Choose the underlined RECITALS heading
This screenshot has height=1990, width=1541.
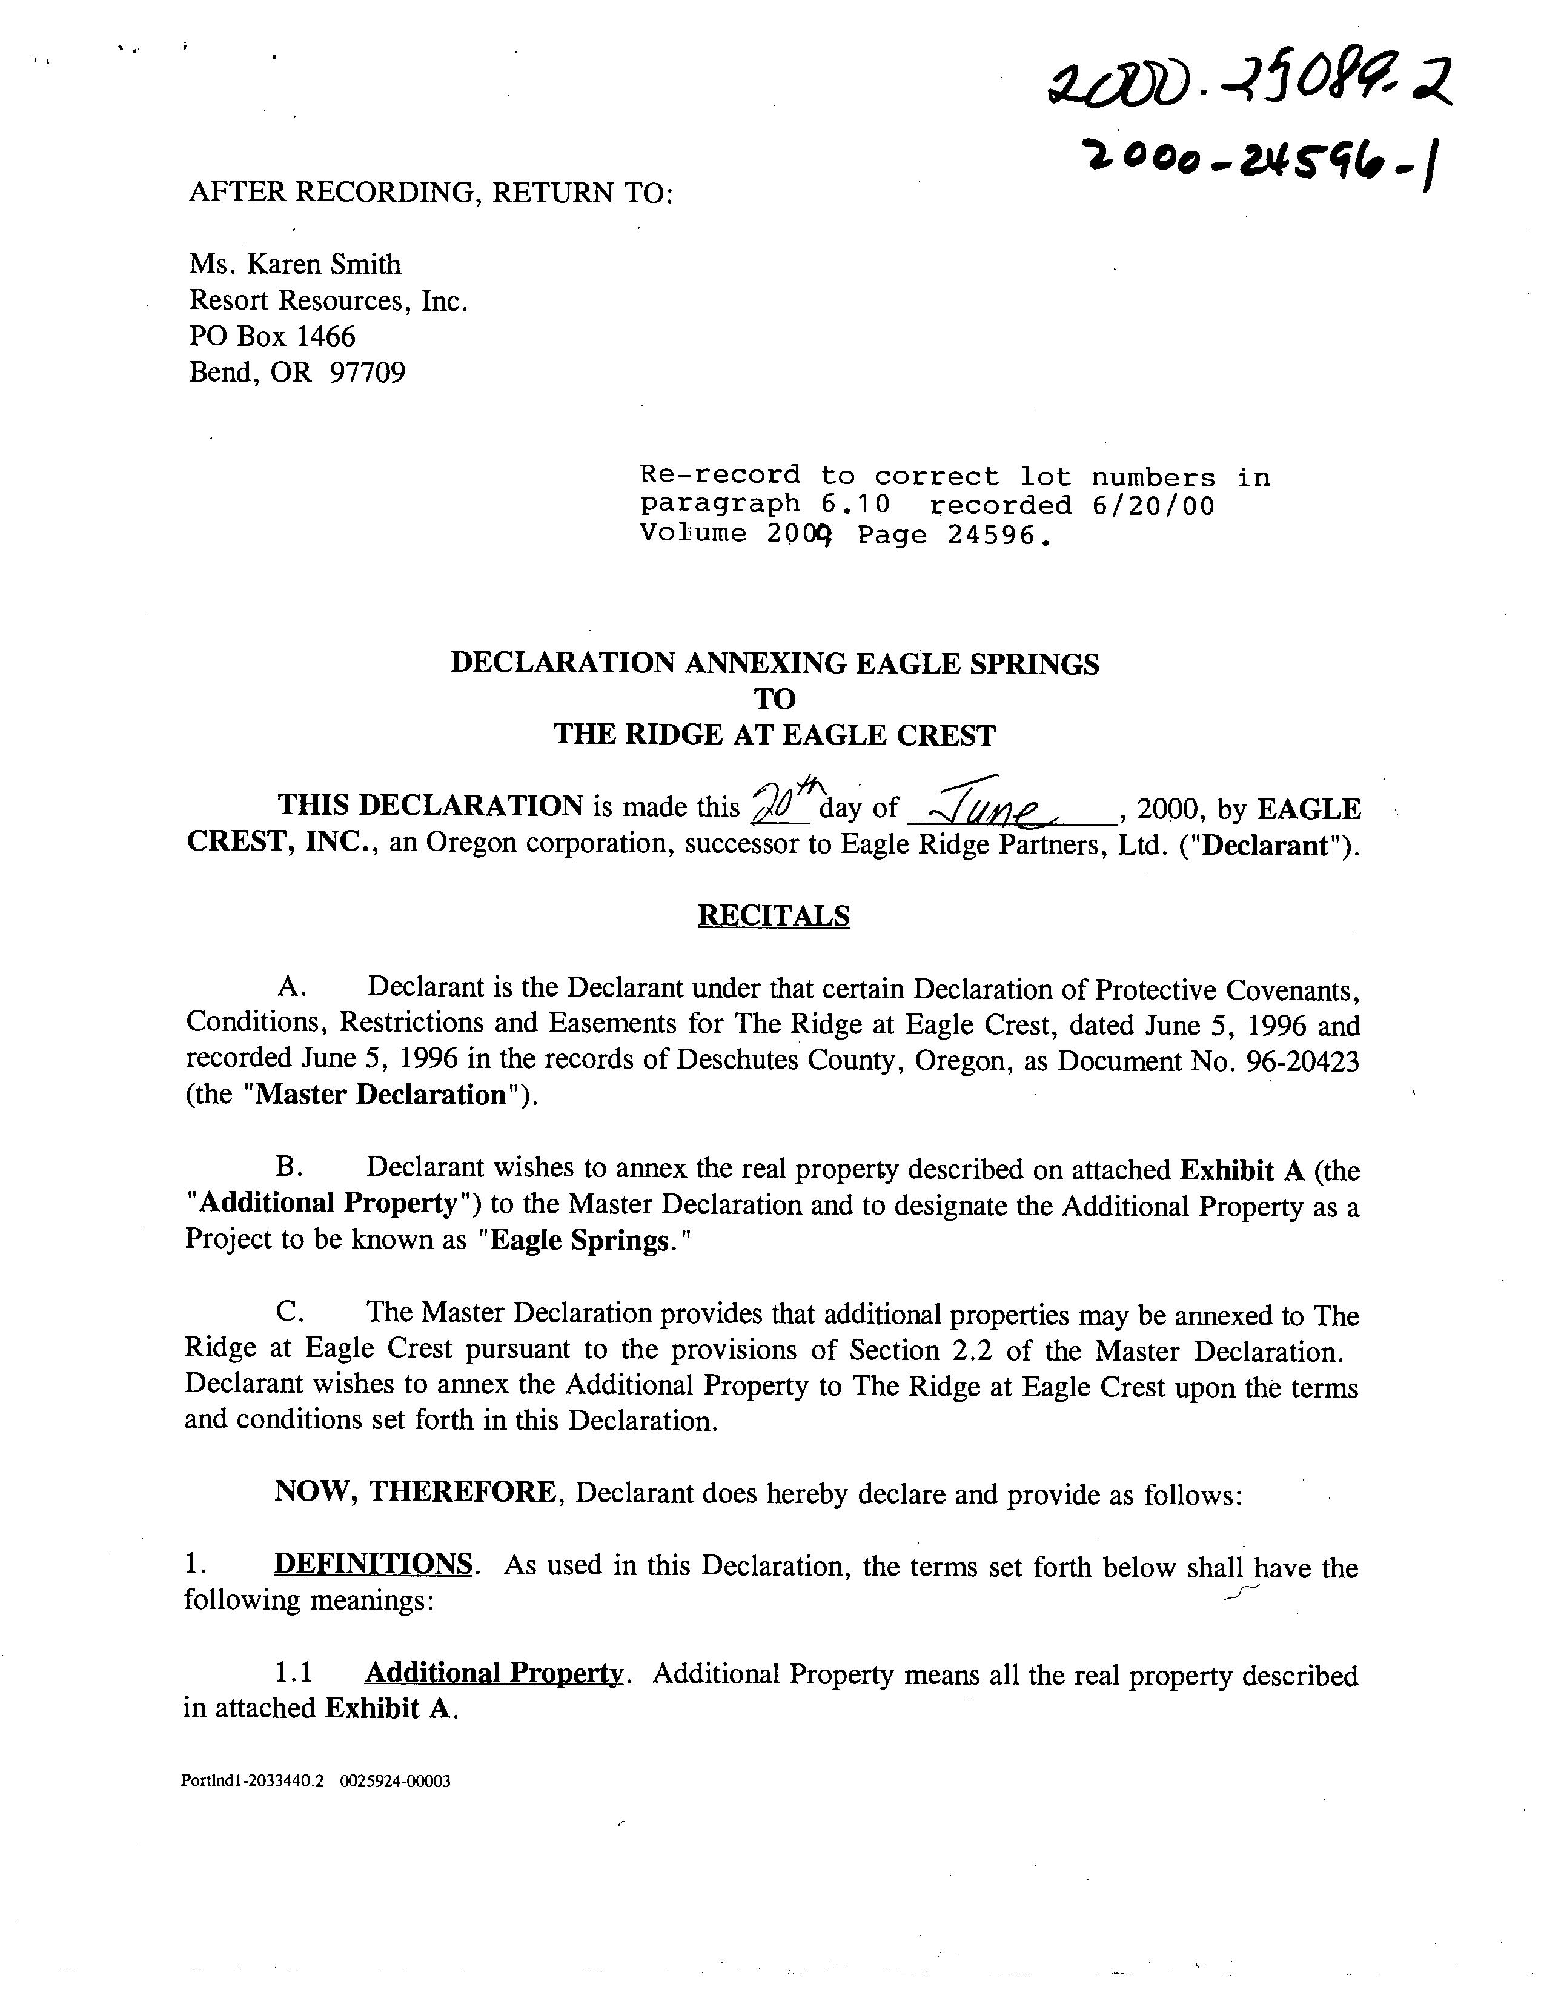(773, 915)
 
